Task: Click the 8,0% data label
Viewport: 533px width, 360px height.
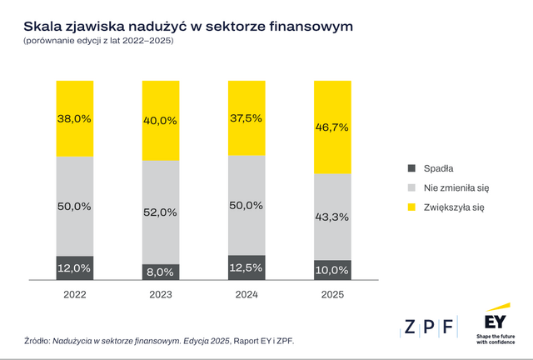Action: pyautogui.click(x=160, y=272)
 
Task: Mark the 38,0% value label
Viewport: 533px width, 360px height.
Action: pyautogui.click(x=75, y=118)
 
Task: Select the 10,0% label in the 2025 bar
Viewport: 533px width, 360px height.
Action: pyautogui.click(x=331, y=270)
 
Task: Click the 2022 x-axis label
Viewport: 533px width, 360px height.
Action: pyautogui.click(x=75, y=295)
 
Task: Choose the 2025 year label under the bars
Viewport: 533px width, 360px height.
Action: pyautogui.click(x=331, y=295)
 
